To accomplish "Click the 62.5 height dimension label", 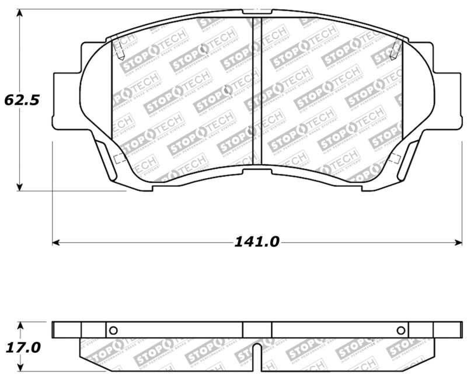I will click(22, 100).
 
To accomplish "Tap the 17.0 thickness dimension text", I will click(22, 348).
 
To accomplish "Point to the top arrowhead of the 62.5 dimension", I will click(20, 13).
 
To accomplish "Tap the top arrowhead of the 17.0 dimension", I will click(20, 325).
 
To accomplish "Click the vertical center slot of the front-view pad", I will click(256, 93).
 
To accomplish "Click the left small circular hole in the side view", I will click(113, 330).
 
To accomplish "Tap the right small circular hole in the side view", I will click(400, 330).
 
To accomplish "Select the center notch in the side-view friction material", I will click(257, 353).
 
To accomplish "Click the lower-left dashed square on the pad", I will click(120, 158).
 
